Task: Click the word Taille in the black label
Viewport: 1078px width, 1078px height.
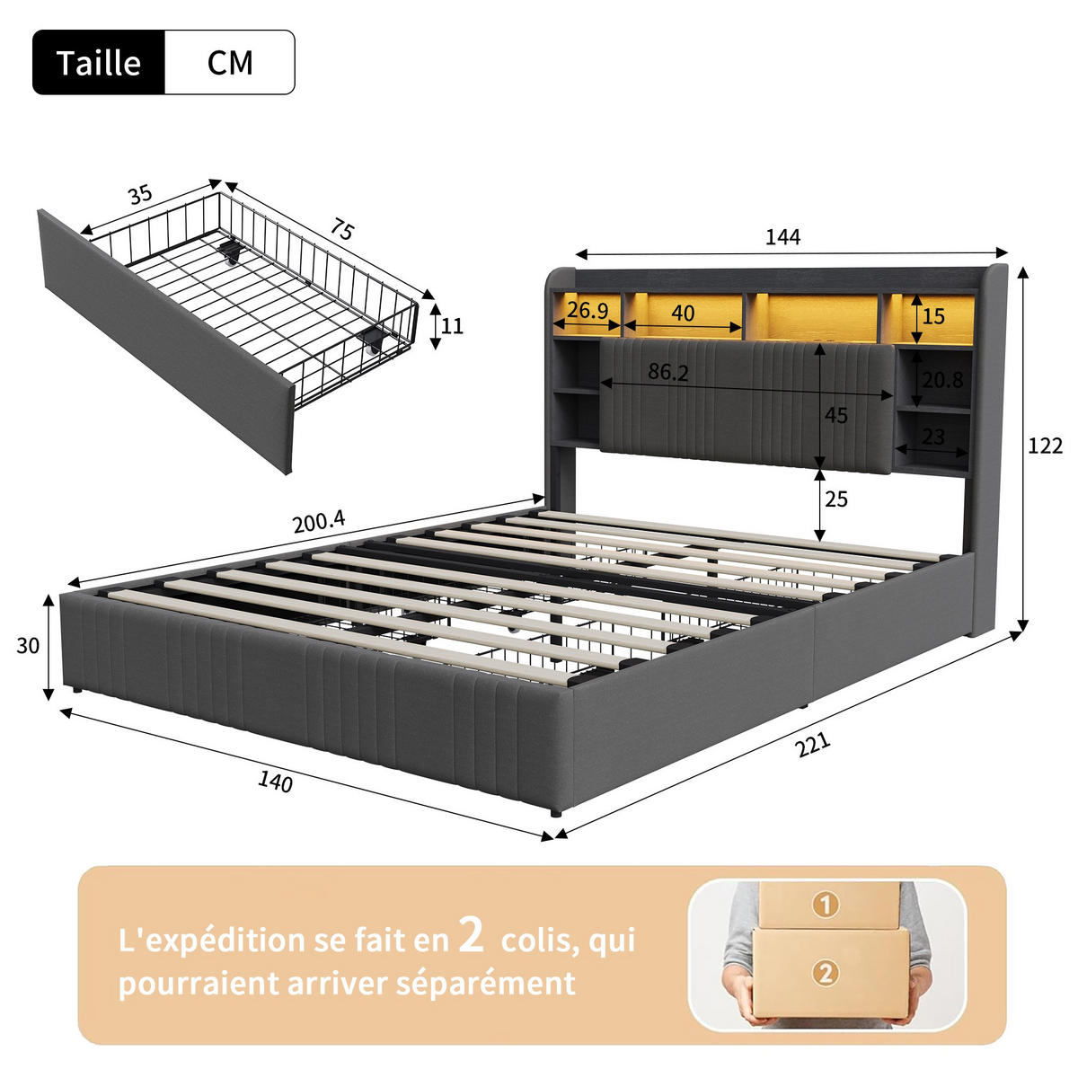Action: [x=99, y=63]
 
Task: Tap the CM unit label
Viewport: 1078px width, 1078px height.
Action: [x=230, y=63]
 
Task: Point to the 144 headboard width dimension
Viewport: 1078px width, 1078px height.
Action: [x=782, y=237]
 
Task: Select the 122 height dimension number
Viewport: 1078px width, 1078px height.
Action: [x=1045, y=446]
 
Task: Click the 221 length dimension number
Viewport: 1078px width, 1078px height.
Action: [x=813, y=745]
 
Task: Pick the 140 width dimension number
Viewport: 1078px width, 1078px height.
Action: [x=275, y=782]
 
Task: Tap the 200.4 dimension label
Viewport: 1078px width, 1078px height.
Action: [x=319, y=522]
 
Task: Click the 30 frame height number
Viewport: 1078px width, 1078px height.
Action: [x=28, y=646]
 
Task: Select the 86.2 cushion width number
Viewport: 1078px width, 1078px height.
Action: [x=668, y=372]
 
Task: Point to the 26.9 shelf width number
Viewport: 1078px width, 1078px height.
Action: [x=588, y=310]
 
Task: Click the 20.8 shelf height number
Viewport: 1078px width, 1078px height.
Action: [x=942, y=380]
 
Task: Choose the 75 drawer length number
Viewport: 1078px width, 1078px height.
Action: [x=341, y=229]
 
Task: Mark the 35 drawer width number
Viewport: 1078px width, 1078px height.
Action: [x=140, y=195]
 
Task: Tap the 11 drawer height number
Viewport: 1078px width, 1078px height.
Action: [x=452, y=325]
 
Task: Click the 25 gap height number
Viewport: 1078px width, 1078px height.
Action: [x=836, y=499]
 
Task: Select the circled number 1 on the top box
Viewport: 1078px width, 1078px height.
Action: [x=826, y=904]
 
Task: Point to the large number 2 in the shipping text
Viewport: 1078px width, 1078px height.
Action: [x=471, y=935]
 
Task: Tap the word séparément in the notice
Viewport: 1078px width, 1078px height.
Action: [x=486, y=983]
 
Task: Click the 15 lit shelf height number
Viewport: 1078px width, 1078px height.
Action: [x=933, y=316]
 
